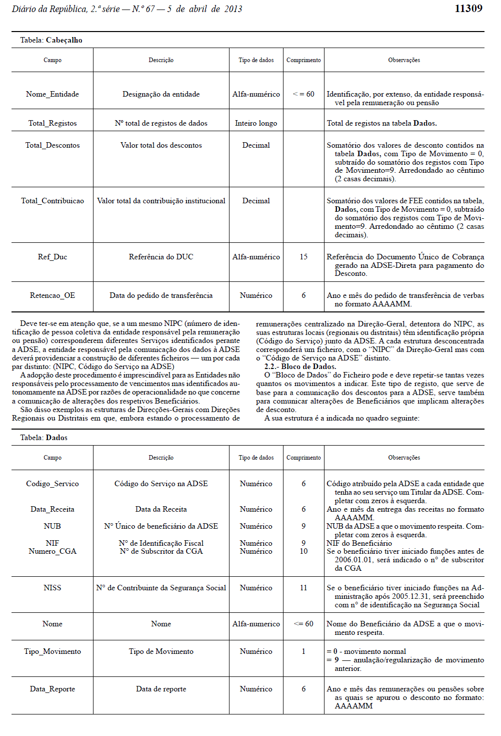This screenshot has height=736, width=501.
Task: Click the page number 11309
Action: pos(468,9)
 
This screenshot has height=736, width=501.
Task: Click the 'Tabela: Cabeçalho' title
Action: pos(51,40)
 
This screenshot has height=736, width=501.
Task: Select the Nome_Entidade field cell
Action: pos(52,94)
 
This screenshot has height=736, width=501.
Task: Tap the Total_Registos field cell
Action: pos(52,123)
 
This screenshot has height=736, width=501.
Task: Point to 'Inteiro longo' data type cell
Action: pos(256,123)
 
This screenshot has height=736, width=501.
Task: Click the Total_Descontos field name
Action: pos(52,145)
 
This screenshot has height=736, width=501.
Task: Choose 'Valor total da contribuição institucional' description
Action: pos(161,201)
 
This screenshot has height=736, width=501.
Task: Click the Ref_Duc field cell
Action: pos(52,257)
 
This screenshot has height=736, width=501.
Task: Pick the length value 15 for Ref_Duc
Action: pos(303,257)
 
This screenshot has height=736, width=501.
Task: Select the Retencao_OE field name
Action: pos(52,295)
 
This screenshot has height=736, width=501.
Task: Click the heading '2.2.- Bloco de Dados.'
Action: pos(300,366)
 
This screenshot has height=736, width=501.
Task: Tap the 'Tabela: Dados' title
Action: pos(44,438)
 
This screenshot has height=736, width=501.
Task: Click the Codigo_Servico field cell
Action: pos(52,484)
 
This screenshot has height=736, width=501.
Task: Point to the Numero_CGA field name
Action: pos(52,551)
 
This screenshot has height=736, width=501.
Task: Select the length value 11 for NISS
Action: pos(303,588)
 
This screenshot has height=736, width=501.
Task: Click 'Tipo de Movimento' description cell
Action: pos(161,651)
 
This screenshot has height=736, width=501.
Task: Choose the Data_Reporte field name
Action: pos(52,689)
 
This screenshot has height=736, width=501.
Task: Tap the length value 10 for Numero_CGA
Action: pos(303,551)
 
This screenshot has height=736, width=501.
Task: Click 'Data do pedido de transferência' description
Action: pos(161,295)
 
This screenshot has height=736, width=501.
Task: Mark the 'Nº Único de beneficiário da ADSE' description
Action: pos(161,526)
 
